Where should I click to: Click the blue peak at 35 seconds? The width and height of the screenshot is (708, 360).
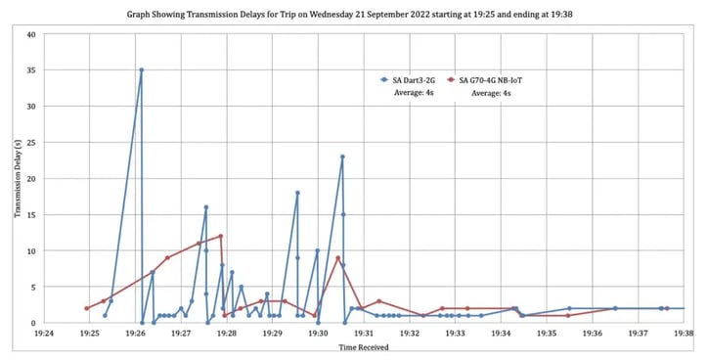click(141, 70)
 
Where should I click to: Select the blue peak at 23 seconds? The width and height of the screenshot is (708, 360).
click(342, 157)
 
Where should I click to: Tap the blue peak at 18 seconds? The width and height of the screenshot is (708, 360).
click(297, 193)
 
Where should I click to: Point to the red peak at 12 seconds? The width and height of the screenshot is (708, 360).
click(221, 236)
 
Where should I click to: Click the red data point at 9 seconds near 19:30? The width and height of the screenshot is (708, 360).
click(337, 257)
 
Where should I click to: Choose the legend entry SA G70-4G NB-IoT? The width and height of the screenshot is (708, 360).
click(491, 79)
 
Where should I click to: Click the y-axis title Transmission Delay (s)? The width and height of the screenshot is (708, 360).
click(18, 179)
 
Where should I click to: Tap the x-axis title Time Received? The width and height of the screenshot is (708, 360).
click(361, 347)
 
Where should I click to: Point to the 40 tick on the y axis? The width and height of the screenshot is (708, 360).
click(30, 34)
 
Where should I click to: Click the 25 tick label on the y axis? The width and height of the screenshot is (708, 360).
click(30, 143)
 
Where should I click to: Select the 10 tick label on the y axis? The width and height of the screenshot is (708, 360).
click(30, 250)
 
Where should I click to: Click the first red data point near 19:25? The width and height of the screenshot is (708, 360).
click(87, 308)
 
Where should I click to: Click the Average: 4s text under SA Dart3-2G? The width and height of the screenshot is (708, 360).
click(411, 93)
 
